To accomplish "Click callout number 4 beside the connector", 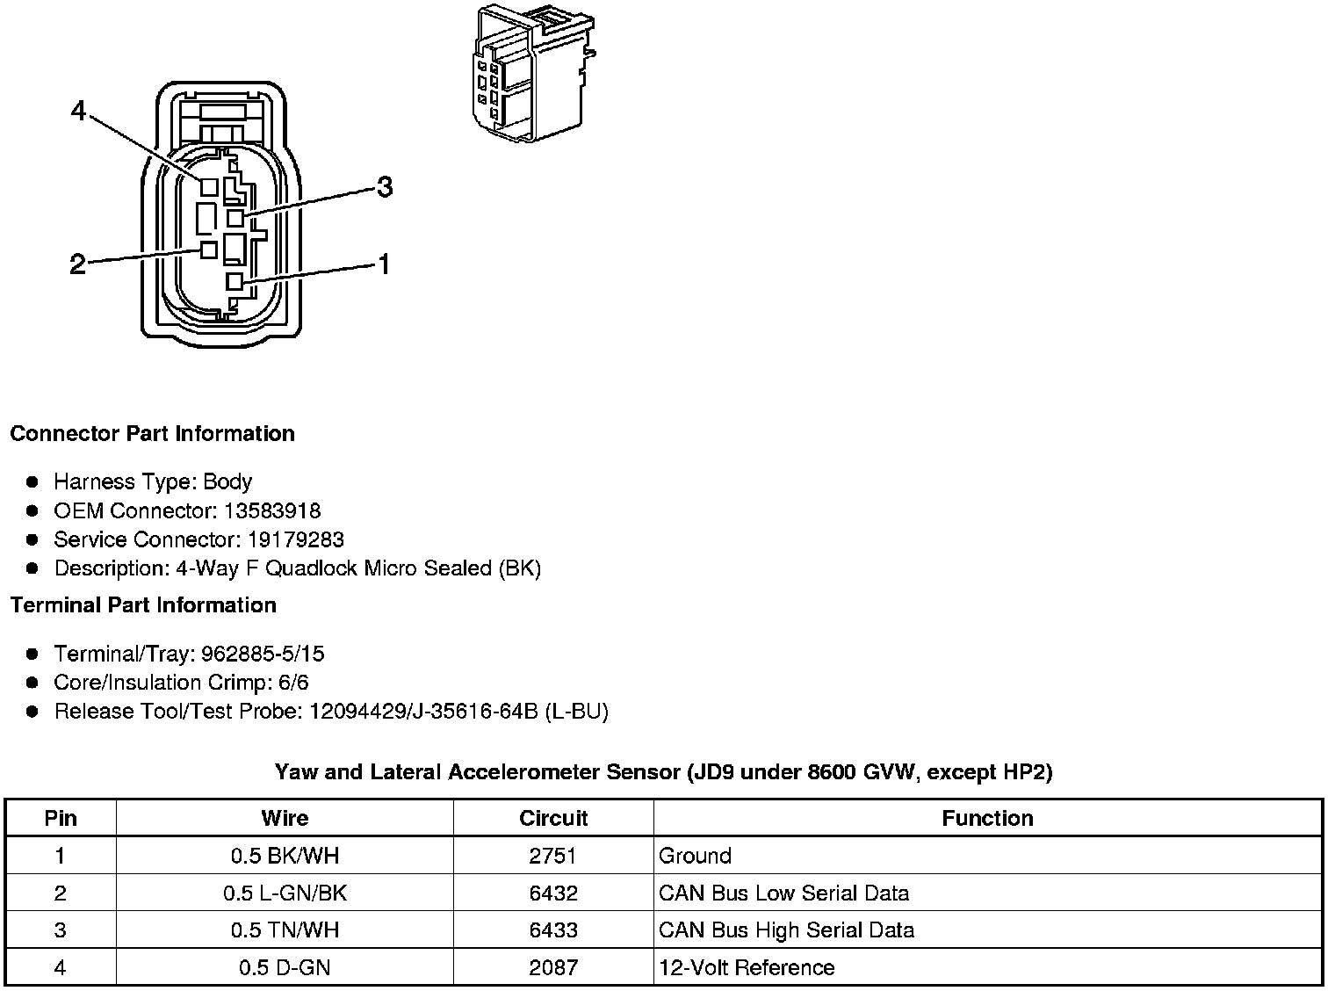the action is [79, 112].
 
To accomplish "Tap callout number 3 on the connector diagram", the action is [384, 186].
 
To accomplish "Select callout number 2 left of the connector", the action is [78, 264].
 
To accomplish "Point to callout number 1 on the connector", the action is [383, 264].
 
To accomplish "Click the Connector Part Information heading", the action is [152, 434].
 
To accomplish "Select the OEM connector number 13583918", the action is [272, 510].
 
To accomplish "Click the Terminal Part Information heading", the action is [143, 605].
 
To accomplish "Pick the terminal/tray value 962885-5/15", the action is [263, 654].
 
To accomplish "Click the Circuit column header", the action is [553, 818].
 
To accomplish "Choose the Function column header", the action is [987, 818].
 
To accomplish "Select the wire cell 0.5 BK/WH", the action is [285, 856].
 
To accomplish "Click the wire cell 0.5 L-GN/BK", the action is [285, 893].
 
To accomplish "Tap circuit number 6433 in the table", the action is [553, 930].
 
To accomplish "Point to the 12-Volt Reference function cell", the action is [747, 968].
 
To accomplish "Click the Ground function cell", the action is [695, 856].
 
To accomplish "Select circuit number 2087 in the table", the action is [553, 968].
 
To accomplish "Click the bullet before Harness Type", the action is [33, 481].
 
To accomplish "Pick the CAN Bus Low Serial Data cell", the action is [783, 893].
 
